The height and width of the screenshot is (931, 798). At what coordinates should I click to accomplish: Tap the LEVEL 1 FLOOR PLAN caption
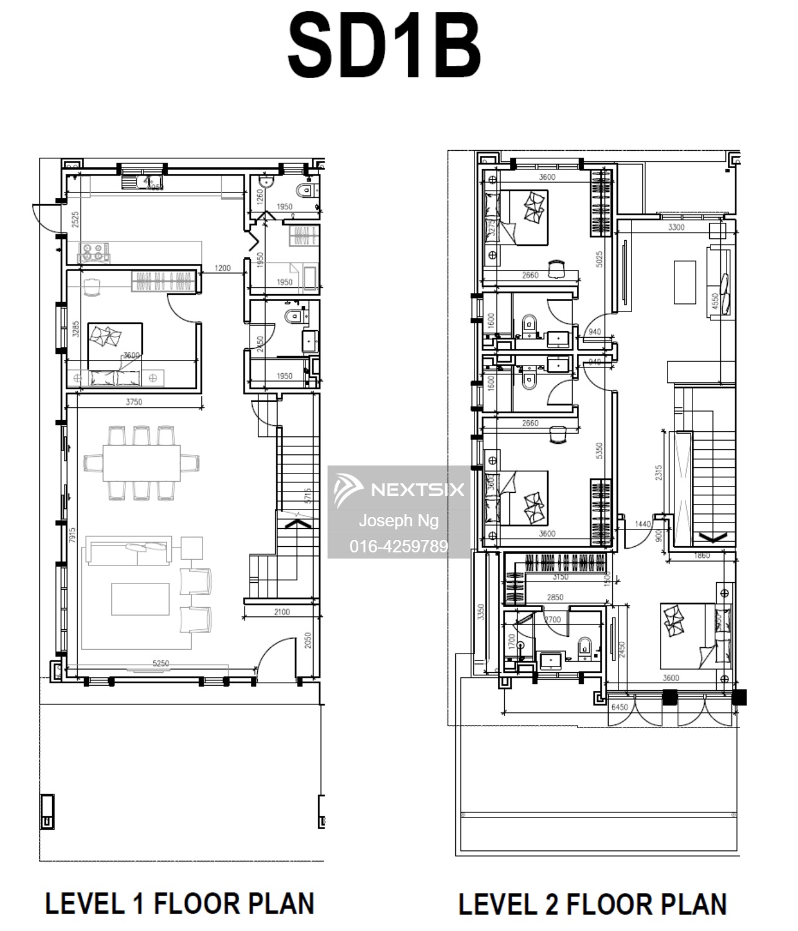click(179, 903)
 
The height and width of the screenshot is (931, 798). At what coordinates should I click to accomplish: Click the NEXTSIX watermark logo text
click(417, 490)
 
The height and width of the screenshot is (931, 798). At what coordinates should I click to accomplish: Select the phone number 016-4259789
click(398, 546)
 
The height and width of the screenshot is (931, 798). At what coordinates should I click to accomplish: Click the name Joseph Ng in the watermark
click(398, 520)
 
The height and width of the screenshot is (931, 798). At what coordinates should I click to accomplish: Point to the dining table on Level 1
click(142, 462)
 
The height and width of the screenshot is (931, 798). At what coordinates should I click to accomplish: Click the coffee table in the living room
click(140, 598)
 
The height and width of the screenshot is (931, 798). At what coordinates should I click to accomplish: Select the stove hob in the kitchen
click(93, 251)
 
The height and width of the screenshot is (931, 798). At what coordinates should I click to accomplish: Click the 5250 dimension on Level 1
click(160, 663)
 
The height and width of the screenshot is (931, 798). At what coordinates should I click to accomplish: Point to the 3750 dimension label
click(134, 402)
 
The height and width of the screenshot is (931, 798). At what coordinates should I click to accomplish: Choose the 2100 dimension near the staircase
click(281, 611)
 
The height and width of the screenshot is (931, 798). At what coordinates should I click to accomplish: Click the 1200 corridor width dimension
click(222, 268)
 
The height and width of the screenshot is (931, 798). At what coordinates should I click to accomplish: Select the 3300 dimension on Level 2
click(676, 227)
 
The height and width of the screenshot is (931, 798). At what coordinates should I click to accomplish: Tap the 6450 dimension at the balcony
click(619, 707)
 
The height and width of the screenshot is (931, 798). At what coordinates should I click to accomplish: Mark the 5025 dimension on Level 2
click(599, 259)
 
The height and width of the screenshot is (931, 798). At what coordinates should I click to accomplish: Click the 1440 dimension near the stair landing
click(643, 524)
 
